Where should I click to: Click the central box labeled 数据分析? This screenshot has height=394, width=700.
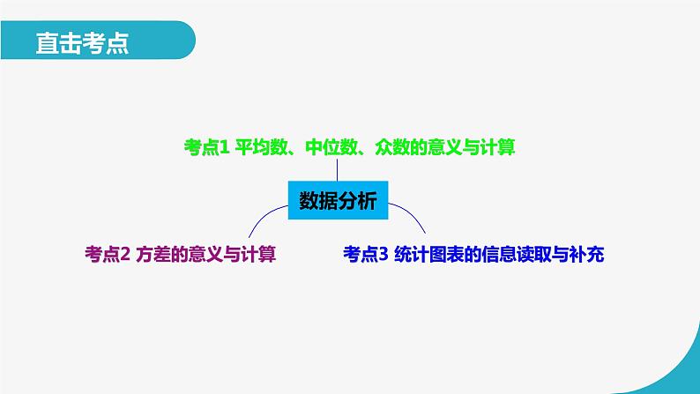(x=337, y=201)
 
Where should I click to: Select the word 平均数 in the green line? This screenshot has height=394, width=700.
(x=263, y=148)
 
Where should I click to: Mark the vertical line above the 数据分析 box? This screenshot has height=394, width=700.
(x=337, y=170)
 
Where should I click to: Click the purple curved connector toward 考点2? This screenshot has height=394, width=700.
(x=264, y=217)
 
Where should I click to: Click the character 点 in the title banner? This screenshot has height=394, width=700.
(x=116, y=43)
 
